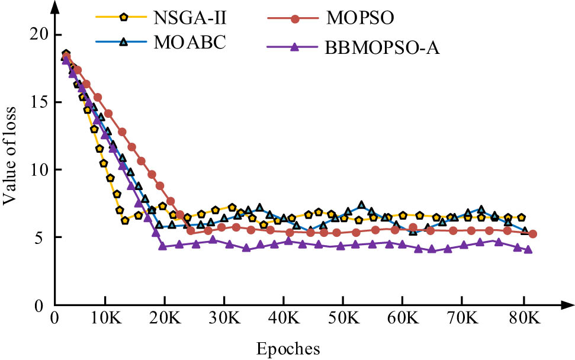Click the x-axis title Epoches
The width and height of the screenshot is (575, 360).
288,349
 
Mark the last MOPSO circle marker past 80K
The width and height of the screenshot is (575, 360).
532,234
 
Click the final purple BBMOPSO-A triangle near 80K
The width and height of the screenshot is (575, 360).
528,249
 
